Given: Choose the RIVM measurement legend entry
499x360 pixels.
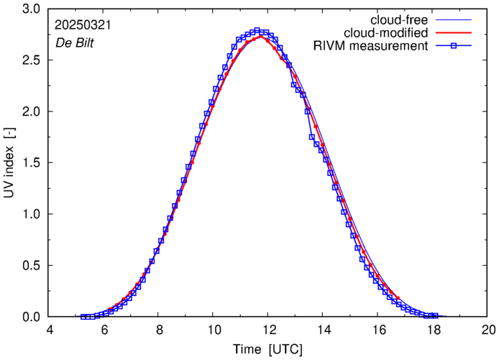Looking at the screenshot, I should coord(371,47).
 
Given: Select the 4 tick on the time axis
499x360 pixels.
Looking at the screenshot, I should coord(50,330).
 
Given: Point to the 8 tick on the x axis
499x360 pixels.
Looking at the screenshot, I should coord(159,330).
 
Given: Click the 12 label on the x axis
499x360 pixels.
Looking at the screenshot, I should coord(269,330).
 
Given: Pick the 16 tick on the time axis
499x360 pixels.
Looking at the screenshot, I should coord(379,330).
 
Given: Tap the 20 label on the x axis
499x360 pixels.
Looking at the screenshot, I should coord(488,330).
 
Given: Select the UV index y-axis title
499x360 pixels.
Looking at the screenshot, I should coord(9,163).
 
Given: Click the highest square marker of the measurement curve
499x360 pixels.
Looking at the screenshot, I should coord(257,31).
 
